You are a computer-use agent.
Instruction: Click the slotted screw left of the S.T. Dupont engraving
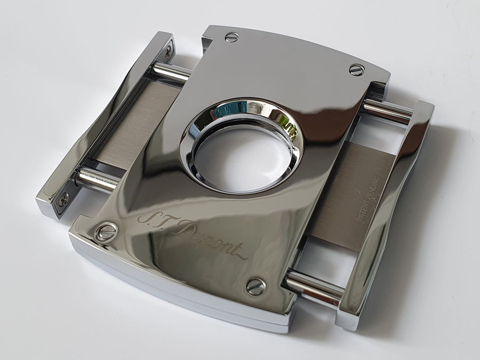[x=106, y=231]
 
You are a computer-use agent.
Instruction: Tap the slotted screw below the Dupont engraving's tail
[x=256, y=287]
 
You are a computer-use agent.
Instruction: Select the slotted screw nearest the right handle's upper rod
[x=357, y=70]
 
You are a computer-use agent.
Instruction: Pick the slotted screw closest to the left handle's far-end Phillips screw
[x=232, y=37]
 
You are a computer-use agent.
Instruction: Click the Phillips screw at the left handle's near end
[x=63, y=200]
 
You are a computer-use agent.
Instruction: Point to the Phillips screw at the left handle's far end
[x=168, y=52]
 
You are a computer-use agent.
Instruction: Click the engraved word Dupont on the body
[x=211, y=242]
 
